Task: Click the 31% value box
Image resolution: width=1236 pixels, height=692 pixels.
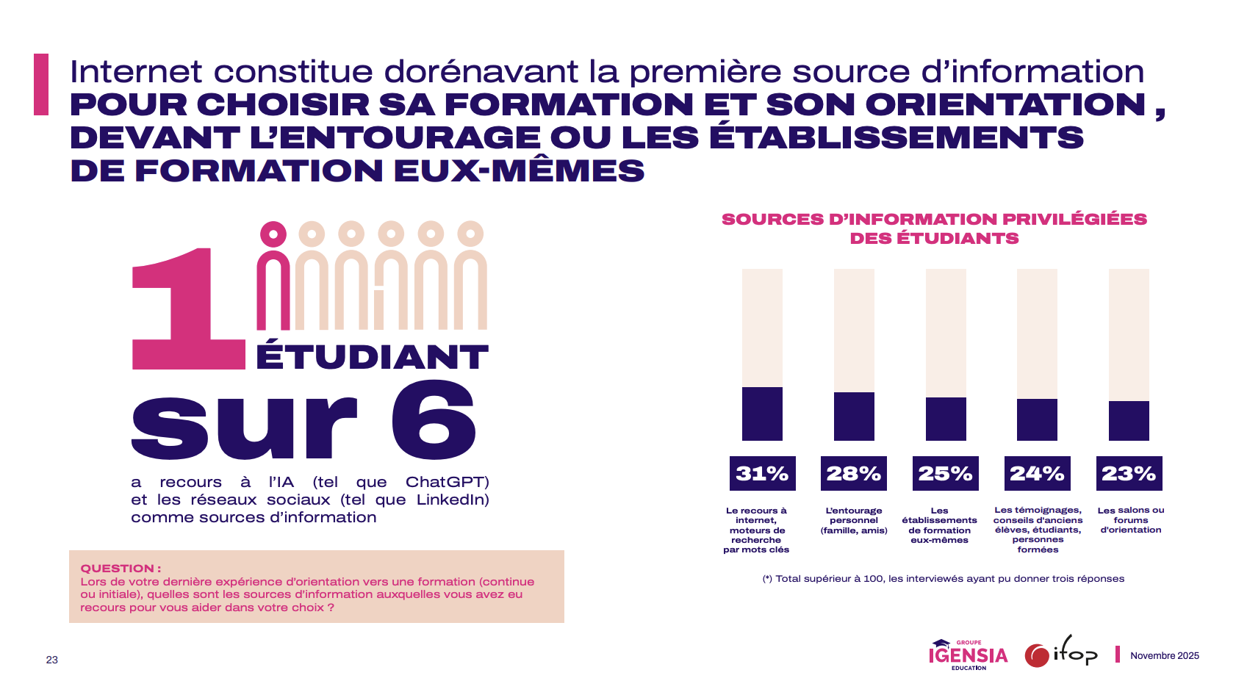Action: coord(762,474)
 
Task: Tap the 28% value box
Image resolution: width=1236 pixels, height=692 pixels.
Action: coord(854,474)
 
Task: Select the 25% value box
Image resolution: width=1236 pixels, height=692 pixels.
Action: coord(946,474)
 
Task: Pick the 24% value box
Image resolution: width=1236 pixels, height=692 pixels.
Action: coord(1037,474)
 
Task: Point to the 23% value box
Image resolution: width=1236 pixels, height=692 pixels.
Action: coord(1129,474)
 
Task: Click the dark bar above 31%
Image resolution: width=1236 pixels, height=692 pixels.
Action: coord(762,414)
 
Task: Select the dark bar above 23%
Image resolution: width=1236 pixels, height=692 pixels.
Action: coord(1129,420)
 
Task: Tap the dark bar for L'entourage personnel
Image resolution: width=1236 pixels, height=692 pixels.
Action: coord(854,416)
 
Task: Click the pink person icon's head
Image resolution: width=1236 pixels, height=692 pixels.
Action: coord(273,234)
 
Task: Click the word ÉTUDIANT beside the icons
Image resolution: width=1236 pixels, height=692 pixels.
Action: coord(372,357)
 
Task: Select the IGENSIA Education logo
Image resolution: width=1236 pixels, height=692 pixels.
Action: coord(968,654)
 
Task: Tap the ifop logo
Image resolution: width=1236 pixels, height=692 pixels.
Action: coord(1061,652)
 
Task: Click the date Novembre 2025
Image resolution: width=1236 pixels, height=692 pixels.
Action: coord(1164,656)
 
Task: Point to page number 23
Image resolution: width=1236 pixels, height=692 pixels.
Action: coord(51,660)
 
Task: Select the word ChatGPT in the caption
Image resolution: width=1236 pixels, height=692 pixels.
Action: coord(447,483)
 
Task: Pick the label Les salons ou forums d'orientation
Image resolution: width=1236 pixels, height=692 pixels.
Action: coord(1130,520)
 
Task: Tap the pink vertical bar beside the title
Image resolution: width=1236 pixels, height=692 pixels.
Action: coord(41,84)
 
